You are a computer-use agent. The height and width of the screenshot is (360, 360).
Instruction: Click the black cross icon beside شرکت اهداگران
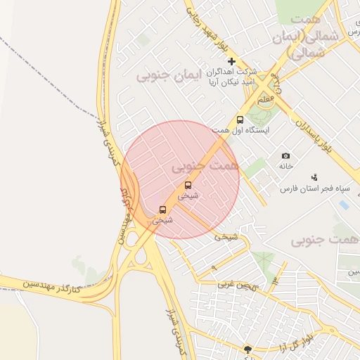(x=231, y=62)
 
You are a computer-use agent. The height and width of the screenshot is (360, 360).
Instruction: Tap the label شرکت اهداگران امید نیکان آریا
(x=230, y=77)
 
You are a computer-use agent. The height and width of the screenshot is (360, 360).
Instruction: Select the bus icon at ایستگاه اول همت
(x=240, y=120)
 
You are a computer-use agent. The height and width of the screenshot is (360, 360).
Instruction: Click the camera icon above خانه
(x=285, y=155)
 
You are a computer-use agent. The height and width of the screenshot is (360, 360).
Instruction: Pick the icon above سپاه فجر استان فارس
(x=314, y=177)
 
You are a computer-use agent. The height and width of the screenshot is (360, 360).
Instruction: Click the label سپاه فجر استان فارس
(x=310, y=189)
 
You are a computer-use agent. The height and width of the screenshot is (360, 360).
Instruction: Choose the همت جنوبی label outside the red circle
(x=326, y=240)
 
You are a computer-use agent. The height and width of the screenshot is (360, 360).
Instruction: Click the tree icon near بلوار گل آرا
(x=247, y=349)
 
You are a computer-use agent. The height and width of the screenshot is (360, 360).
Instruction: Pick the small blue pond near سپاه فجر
(x=343, y=205)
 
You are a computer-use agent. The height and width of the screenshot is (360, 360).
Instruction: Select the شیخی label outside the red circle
(x=226, y=237)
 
